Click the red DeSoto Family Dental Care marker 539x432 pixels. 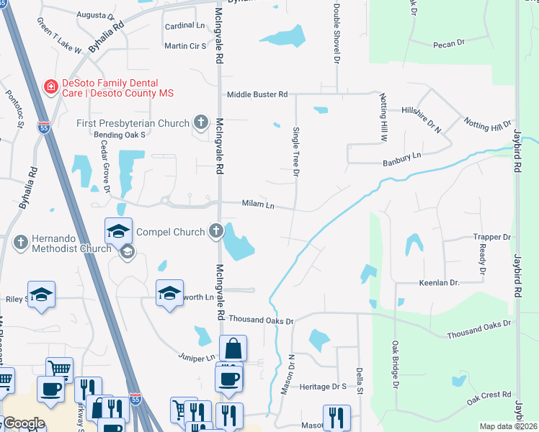(50, 87)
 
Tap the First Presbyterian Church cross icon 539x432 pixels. (201, 123)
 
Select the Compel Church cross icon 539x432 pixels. (215, 230)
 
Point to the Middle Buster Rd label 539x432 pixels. (257, 94)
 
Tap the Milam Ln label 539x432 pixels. (259, 205)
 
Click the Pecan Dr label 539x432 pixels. (449, 44)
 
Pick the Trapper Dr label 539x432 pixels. (492, 236)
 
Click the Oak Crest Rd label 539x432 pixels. (489, 397)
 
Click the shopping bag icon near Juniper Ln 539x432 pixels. (233, 349)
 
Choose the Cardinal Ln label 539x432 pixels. (185, 25)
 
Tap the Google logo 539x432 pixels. (24, 423)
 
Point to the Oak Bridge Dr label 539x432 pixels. (395, 364)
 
